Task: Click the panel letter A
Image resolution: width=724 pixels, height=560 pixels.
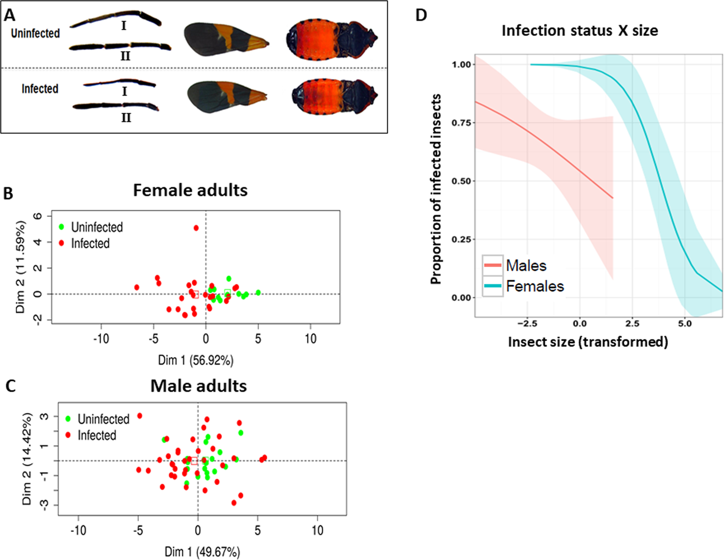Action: click(10, 15)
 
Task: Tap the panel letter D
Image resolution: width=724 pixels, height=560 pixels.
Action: click(421, 15)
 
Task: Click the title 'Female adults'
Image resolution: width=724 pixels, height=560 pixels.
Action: click(190, 190)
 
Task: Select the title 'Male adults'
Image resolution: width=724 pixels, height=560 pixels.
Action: click(198, 386)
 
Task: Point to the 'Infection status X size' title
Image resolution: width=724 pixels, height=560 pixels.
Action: click(579, 31)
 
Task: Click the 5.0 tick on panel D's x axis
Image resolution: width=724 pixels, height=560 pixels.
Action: click(685, 324)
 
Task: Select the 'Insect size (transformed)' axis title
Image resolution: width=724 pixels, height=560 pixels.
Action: click(588, 342)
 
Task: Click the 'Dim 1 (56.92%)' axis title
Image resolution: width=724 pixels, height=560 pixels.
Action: click(196, 360)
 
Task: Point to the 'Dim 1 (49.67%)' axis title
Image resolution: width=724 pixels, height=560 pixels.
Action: click(202, 552)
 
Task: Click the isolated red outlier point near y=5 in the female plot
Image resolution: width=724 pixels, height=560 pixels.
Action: click(196, 228)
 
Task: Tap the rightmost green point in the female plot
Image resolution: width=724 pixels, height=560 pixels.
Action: click(258, 293)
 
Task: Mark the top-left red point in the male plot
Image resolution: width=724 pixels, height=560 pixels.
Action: click(140, 416)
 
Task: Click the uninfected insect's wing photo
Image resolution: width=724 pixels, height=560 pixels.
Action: click(225, 41)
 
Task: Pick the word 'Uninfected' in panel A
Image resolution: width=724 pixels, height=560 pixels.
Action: click(35, 33)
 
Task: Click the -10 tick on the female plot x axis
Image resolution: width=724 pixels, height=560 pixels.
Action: click(101, 339)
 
